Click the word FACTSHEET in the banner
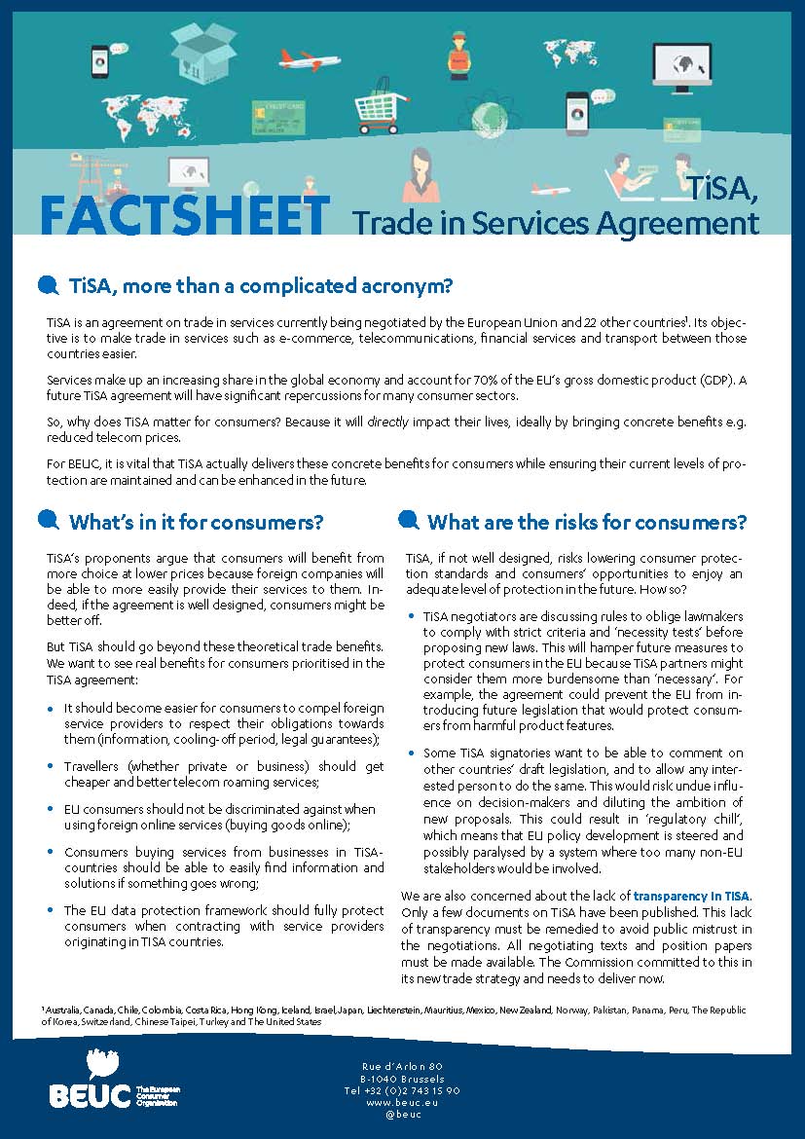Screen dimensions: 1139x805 (185, 216)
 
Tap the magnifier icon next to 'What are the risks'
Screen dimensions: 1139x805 (410, 521)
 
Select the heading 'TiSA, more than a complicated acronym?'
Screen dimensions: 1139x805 (261, 286)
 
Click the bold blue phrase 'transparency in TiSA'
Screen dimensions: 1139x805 (692, 895)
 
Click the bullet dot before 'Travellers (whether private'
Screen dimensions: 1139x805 (51, 767)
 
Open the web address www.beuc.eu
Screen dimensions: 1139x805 (402, 1102)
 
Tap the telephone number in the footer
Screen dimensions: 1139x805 (401, 1090)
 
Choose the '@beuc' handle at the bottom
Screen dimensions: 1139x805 (402, 1114)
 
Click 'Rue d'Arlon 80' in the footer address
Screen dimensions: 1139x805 (402, 1067)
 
